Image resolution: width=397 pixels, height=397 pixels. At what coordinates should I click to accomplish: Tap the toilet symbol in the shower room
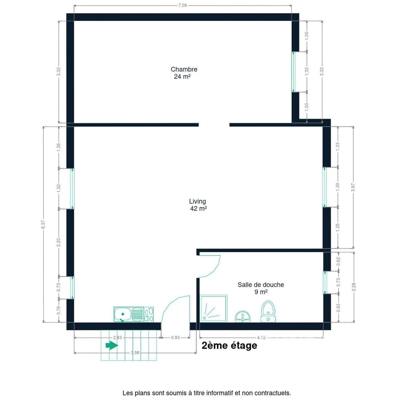tap(268, 311)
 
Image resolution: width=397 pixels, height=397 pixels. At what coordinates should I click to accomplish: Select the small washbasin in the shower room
tap(243, 317)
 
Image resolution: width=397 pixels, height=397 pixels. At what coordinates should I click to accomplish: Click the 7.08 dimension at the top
tap(183, 5)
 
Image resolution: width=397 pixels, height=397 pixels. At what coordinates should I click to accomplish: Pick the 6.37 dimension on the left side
tap(43, 224)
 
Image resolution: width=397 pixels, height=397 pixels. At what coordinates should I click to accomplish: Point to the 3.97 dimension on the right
tap(353, 187)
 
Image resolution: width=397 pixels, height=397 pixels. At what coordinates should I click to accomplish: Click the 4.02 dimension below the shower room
tap(261, 337)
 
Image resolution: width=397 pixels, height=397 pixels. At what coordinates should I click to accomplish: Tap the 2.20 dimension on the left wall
tap(59, 242)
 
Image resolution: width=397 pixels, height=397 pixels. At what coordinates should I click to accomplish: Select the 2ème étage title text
tap(229, 345)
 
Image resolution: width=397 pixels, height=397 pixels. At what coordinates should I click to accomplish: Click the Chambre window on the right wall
tap(293, 72)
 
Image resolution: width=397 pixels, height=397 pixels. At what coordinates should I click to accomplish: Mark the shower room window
tap(324, 283)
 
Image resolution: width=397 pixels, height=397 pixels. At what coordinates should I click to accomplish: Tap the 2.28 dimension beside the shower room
tap(354, 287)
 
